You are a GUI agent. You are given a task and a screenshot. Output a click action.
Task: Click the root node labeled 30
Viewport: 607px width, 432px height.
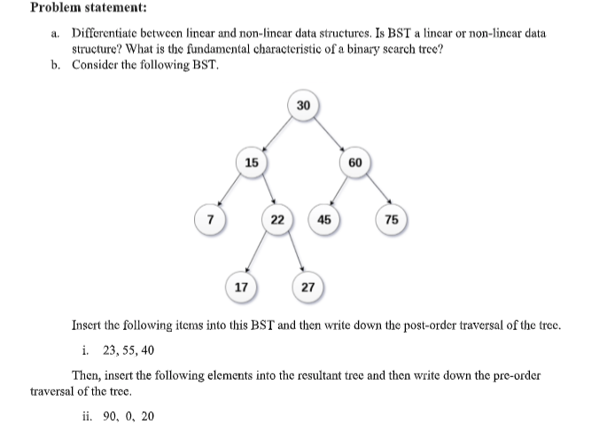click(x=303, y=106)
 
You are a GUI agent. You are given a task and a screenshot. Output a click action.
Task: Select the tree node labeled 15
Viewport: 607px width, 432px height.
click(x=252, y=162)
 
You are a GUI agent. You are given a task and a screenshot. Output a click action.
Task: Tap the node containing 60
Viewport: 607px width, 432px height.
click(x=354, y=162)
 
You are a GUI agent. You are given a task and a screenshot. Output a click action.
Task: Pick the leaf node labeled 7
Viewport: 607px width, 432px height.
click(x=209, y=219)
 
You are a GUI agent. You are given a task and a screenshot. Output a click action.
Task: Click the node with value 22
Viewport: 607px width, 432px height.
click(x=276, y=219)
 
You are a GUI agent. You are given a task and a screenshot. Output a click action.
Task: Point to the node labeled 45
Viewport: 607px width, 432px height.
click(x=324, y=219)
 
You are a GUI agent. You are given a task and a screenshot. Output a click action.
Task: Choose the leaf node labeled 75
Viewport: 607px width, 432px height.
click(x=393, y=219)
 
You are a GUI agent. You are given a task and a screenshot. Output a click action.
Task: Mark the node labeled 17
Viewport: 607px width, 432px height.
click(x=240, y=287)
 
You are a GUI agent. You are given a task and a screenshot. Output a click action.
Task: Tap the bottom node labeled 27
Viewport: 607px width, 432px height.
click(x=307, y=287)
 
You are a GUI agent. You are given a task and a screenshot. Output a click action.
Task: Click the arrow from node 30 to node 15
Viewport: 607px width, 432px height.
click(x=277, y=134)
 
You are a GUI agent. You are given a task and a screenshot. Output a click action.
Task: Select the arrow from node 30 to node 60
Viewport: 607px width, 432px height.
click(x=329, y=134)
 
